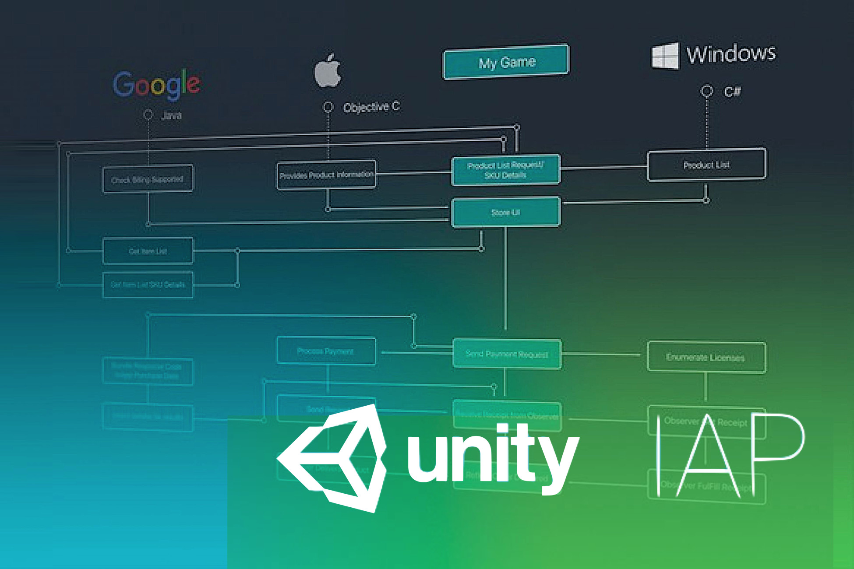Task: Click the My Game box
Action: pos(506,62)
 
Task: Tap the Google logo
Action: pos(157,84)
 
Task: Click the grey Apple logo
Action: pos(328,71)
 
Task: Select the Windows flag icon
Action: pos(665,56)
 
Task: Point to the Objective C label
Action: pos(371,107)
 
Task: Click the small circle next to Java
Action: pos(148,115)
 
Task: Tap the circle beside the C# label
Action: pos(706,91)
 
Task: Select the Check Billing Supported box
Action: pos(148,179)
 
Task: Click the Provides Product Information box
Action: pos(326,175)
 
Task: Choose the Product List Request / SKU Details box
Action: pos(505,170)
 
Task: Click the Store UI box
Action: pos(505,212)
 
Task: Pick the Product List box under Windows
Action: pos(706,165)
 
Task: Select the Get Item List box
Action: pos(148,251)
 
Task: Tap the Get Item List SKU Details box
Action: pos(148,284)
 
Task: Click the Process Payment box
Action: pos(326,351)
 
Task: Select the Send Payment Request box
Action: pos(506,354)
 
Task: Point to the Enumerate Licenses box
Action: pos(706,357)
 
